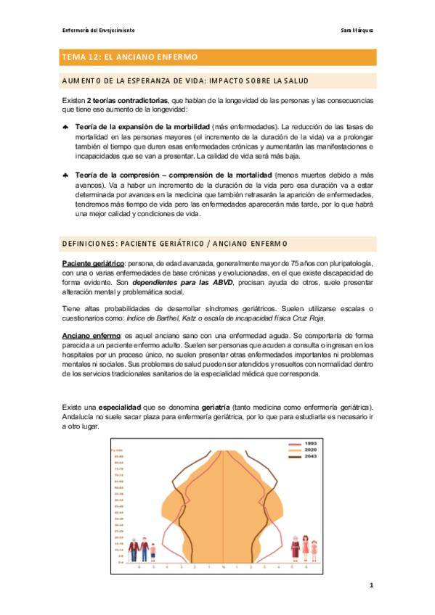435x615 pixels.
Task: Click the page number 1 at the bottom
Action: (370, 584)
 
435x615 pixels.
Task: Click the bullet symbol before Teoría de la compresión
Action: (66, 176)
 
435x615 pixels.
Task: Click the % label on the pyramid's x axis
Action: (224, 567)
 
